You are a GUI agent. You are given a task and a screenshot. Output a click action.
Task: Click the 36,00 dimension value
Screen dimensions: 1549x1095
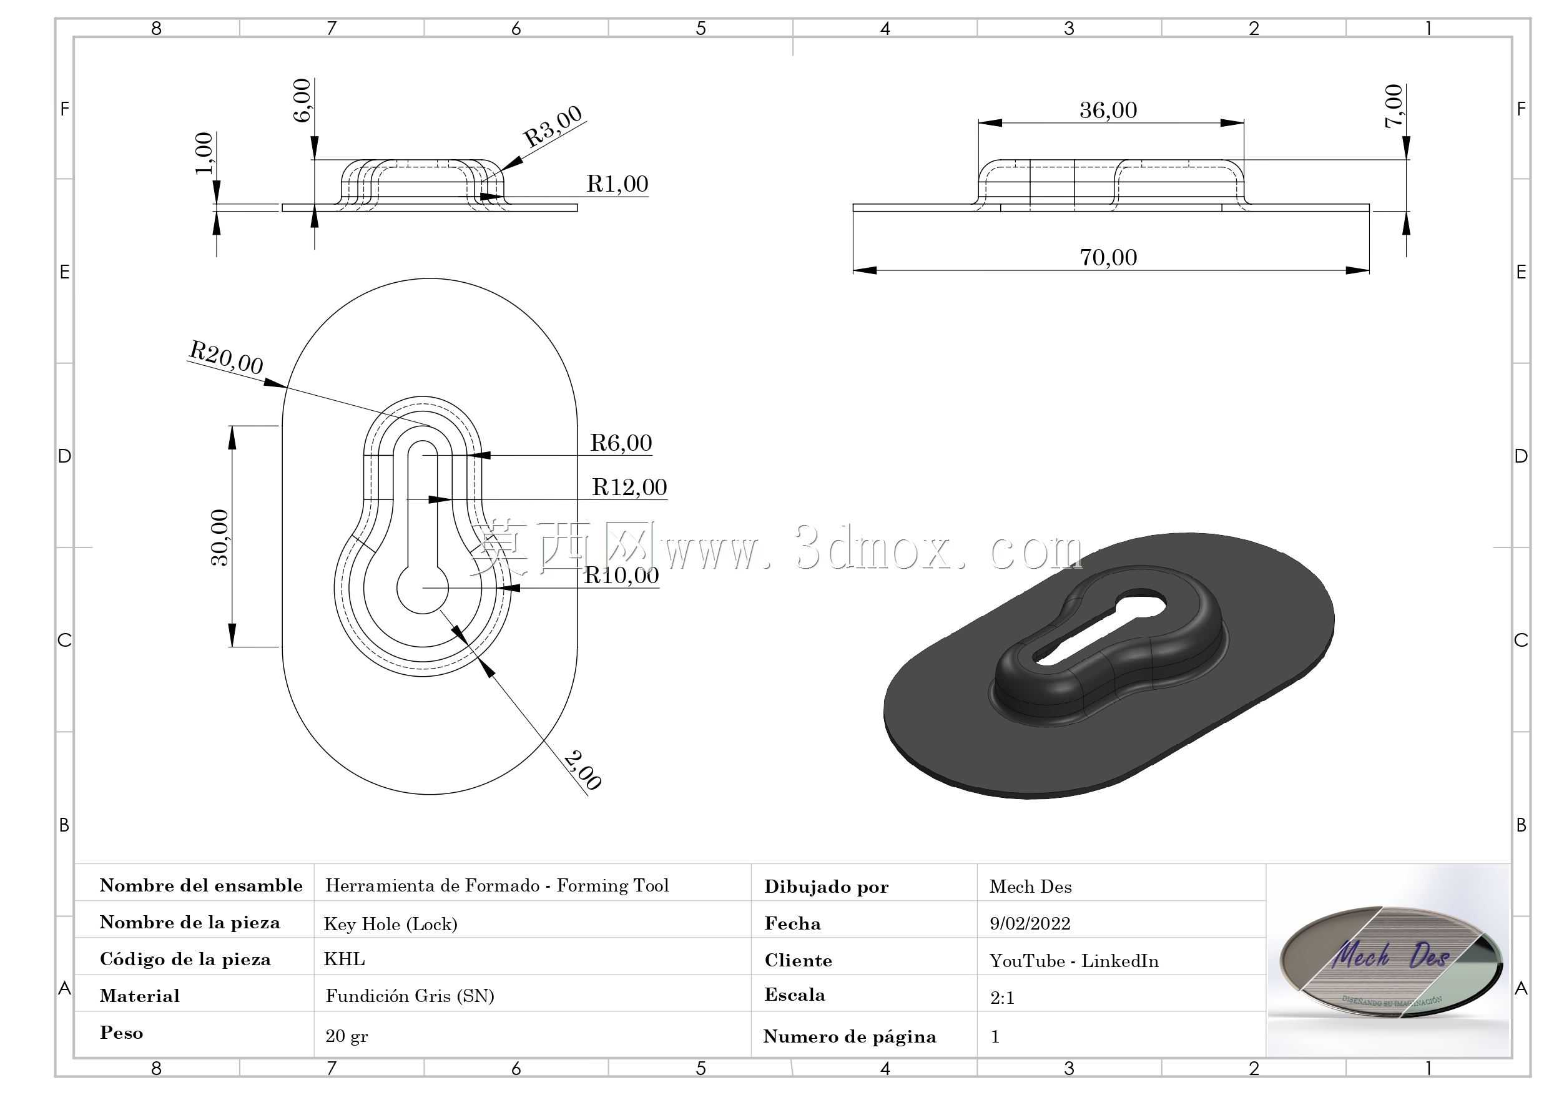1108,110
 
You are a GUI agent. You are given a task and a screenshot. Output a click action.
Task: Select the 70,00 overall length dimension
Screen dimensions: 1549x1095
1108,257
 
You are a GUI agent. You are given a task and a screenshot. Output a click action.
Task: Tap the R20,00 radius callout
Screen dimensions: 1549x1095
226,357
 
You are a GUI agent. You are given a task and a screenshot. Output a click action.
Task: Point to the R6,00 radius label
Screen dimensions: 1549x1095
621,443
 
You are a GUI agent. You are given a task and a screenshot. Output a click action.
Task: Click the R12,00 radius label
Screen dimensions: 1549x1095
629,487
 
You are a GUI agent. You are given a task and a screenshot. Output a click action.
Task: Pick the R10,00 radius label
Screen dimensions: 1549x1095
621,576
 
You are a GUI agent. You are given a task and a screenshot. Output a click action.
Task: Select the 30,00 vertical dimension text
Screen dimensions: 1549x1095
220,537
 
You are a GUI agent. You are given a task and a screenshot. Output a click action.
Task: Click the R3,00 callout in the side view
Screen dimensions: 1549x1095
553,126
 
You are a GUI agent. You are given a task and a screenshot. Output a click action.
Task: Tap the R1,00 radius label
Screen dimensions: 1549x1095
617,184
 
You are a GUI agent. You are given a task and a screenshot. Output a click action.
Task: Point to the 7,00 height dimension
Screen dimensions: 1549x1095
1394,106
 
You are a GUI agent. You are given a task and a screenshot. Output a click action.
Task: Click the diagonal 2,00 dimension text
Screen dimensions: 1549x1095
581,770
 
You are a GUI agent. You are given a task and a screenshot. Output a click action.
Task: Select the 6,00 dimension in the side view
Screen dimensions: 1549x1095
302,101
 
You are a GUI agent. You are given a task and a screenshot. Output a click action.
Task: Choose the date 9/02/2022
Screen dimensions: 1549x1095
1030,923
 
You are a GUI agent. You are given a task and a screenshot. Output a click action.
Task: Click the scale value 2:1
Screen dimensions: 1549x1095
1002,998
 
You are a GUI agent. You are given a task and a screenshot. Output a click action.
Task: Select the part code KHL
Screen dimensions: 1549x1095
344,959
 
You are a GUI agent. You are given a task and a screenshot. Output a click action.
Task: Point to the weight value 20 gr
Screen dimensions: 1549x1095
347,1036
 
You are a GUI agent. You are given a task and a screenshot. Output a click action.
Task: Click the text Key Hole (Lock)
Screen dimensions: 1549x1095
391,923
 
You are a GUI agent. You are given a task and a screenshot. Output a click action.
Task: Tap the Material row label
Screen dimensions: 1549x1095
140,996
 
